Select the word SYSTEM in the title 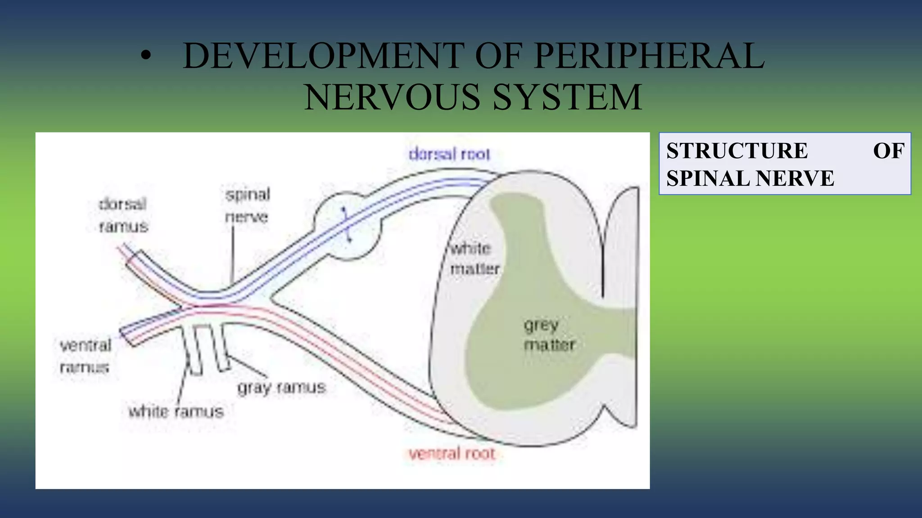[x=567, y=98]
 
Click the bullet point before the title [x=145, y=57]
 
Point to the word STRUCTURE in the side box [x=737, y=151]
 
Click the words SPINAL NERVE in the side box [x=750, y=179]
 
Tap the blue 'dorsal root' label [x=449, y=154]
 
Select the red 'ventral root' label [x=452, y=453]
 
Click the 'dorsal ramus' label [x=123, y=215]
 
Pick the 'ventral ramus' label [x=85, y=356]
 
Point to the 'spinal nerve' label [x=247, y=205]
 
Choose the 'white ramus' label [x=176, y=412]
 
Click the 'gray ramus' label [x=281, y=388]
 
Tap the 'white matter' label [x=475, y=259]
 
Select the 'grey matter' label [x=549, y=335]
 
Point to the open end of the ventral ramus [x=127, y=337]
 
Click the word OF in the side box [x=888, y=151]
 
